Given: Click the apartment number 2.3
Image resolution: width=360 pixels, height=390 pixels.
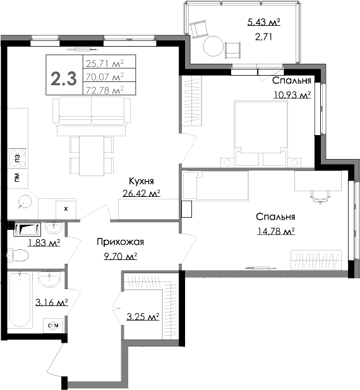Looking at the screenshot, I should coord(64,79).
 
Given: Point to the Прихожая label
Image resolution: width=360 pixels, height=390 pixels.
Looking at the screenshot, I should coord(121,242).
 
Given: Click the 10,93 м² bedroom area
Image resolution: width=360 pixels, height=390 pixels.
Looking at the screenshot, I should coord(292,95).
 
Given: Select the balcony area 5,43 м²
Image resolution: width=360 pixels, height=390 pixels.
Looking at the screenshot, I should coord(263,23).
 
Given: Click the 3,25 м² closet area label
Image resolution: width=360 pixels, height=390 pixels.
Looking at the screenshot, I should coord(142,316).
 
